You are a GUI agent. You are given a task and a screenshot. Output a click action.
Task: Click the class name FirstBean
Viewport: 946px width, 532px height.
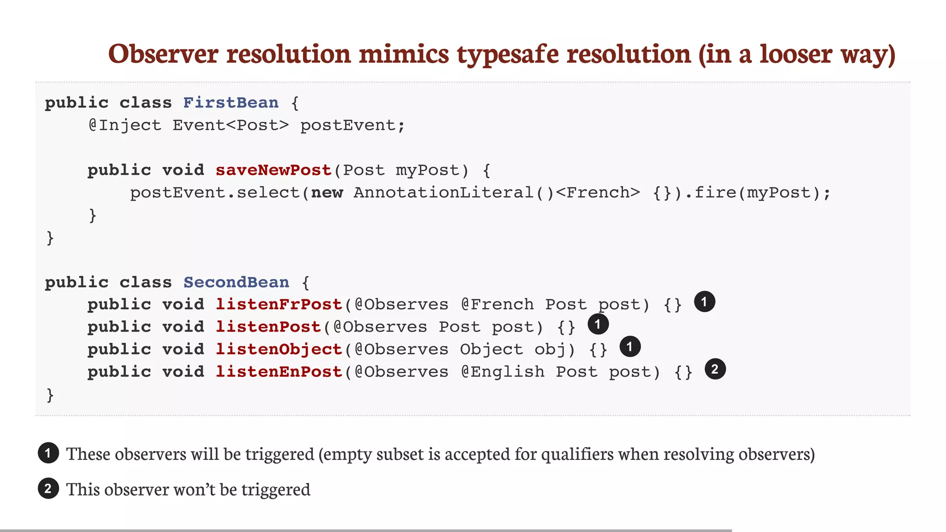pyautogui.click(x=231, y=103)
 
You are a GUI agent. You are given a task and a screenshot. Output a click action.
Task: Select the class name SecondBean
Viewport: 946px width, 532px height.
pyautogui.click(x=236, y=282)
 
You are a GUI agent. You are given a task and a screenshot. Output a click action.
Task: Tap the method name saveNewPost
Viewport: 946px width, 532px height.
pyautogui.click(x=273, y=170)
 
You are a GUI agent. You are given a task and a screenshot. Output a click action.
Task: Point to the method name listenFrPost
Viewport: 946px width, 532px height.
pyautogui.click(x=279, y=304)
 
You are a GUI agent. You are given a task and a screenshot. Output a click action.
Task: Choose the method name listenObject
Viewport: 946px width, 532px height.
pyautogui.click(x=279, y=349)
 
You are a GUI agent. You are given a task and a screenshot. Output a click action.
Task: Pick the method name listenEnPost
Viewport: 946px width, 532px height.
pyautogui.click(x=279, y=372)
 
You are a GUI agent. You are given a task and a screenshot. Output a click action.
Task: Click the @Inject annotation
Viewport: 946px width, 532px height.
pyautogui.click(x=125, y=125)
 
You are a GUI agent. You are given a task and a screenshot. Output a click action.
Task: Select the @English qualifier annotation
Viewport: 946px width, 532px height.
pyautogui.click(x=503, y=372)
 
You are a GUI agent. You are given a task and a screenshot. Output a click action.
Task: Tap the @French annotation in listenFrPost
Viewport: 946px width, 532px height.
pyautogui.click(x=497, y=304)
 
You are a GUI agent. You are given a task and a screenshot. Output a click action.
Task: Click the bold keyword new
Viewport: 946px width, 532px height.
pyautogui.click(x=327, y=193)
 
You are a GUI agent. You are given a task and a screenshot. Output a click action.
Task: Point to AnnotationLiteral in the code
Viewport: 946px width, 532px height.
pyautogui.click(x=443, y=193)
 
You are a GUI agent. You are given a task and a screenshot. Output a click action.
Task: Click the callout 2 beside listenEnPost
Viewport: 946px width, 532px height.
pyautogui.click(x=715, y=369)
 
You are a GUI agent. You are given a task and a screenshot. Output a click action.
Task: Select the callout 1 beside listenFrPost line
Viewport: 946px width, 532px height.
pyautogui.click(x=704, y=302)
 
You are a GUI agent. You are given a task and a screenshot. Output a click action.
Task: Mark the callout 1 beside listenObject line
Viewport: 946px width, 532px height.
pyautogui.click(x=630, y=347)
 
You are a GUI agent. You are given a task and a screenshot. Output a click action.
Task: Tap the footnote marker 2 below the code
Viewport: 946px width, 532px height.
pyautogui.click(x=48, y=489)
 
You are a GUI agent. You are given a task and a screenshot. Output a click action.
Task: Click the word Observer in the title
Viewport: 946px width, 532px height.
pyautogui.click(x=163, y=54)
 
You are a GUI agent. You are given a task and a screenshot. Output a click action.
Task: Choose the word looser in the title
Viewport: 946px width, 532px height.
pyautogui.click(x=796, y=54)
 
